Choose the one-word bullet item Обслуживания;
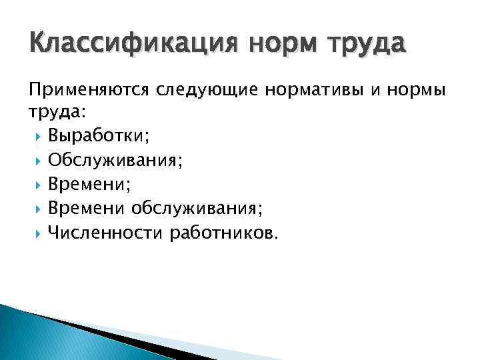[111, 160]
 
